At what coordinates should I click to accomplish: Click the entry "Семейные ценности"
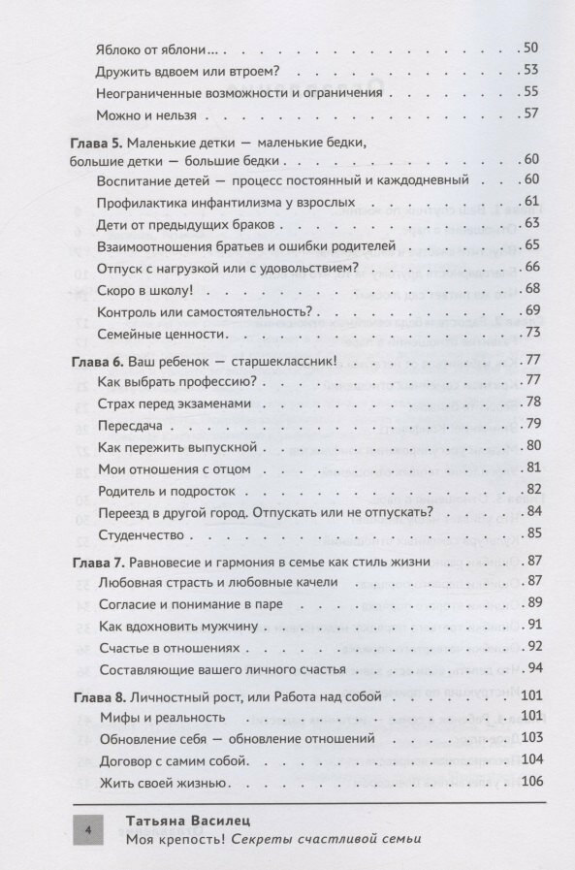162,334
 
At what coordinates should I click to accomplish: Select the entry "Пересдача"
131,424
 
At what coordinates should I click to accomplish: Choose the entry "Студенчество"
142,534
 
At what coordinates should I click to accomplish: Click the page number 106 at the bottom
532,783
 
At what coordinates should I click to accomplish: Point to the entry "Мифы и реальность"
161,717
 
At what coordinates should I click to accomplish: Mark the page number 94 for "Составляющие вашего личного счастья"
534,669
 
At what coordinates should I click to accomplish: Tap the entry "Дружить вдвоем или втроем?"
195,70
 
